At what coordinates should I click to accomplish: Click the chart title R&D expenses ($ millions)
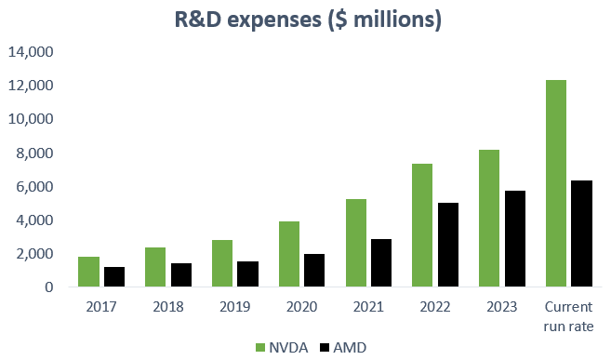click(x=307, y=19)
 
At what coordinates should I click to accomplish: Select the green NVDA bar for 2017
click(x=89, y=272)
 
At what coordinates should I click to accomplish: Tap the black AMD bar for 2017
click(x=114, y=277)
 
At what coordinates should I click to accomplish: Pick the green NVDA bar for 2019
click(x=223, y=263)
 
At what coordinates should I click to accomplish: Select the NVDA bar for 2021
click(x=357, y=243)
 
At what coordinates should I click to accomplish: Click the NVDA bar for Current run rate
click(x=555, y=183)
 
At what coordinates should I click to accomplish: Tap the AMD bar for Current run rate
click(x=581, y=233)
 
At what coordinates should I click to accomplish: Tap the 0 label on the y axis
click(x=46, y=287)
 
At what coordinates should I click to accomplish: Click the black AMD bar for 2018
click(x=181, y=275)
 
